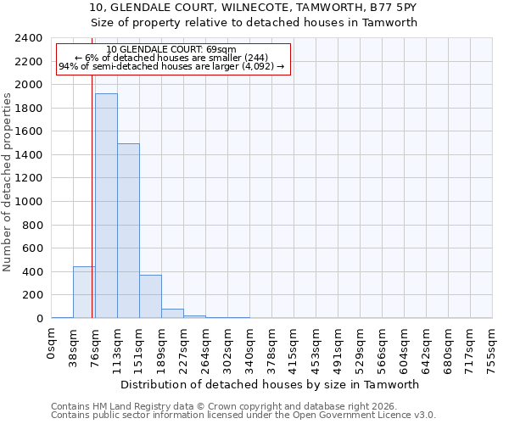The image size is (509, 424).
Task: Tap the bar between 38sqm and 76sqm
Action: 84,293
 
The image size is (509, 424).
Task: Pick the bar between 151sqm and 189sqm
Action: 150,297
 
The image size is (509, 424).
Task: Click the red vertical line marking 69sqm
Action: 92,170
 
